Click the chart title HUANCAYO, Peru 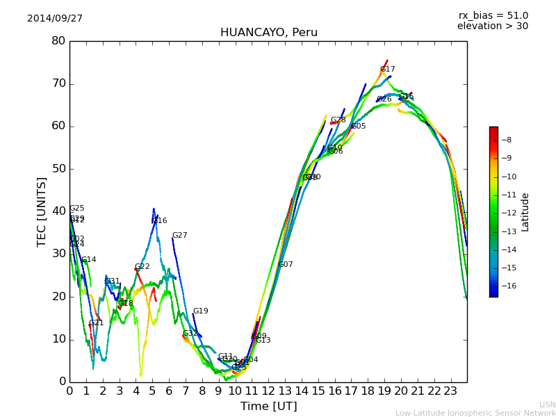268,33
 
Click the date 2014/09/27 55,18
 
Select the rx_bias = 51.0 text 493,15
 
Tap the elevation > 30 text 492,26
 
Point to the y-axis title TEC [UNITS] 42,212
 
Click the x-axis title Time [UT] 268,406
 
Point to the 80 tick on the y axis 58,41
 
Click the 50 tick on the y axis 58,169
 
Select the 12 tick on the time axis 268,391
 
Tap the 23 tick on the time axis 450,391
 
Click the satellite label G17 387,69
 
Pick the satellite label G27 179,236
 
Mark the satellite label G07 285,265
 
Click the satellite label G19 200,311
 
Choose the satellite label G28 338,120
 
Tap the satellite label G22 142,267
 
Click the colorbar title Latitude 525,212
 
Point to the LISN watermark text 547,404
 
